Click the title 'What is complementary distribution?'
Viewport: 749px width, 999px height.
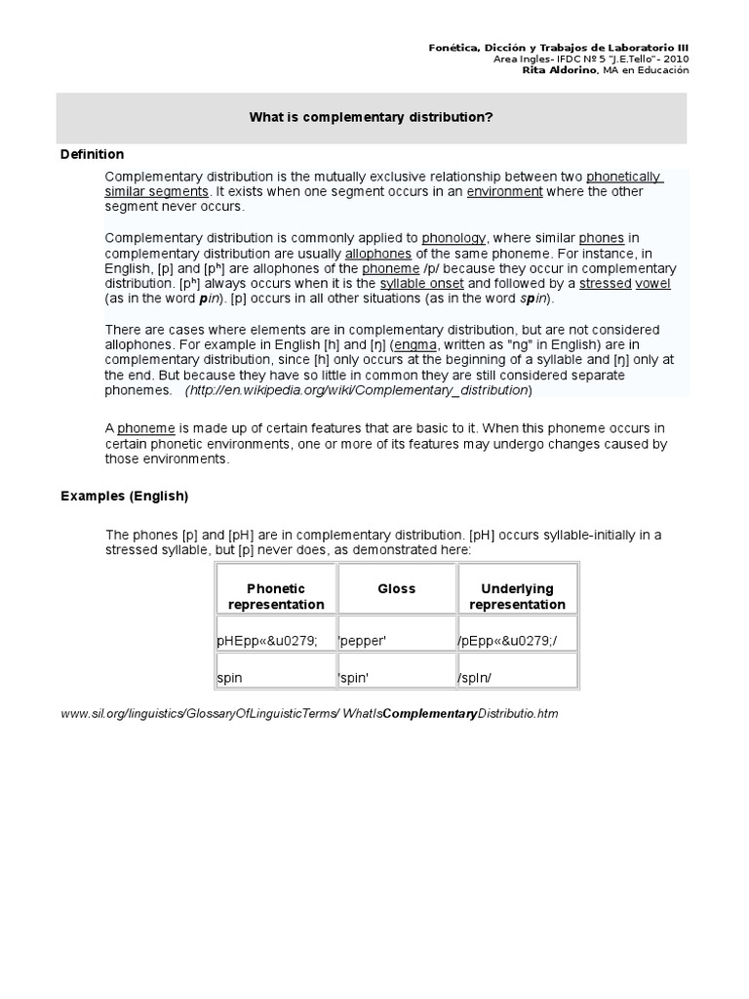[x=371, y=117]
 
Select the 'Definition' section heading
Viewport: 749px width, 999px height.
[x=92, y=154]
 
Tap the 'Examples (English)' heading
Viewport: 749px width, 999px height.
[x=124, y=496]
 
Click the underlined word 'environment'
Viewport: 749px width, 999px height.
[x=504, y=192]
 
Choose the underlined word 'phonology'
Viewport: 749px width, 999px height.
[x=453, y=237]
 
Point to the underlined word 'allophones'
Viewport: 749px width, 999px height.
[x=377, y=253]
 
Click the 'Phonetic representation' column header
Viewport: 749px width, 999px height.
[x=276, y=596]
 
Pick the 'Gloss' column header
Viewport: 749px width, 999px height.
[x=396, y=588]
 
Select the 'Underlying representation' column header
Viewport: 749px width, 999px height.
[x=517, y=596]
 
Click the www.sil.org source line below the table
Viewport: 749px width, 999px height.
[x=309, y=714]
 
